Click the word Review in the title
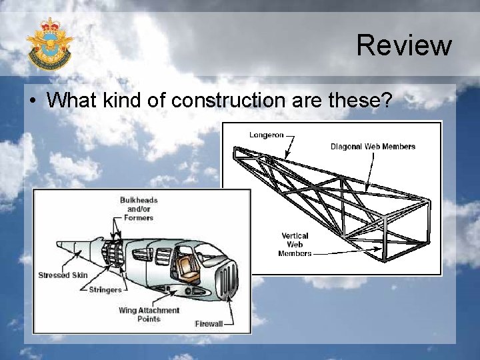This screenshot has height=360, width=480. (403, 45)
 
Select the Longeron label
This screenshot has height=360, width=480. (267, 134)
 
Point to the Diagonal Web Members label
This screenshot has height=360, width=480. (373, 147)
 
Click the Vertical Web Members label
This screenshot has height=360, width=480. (295, 244)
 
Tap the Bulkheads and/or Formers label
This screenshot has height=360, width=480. (139, 208)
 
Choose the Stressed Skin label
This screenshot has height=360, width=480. (63, 275)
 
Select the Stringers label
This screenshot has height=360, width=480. (105, 290)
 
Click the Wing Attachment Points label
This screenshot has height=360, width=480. (149, 314)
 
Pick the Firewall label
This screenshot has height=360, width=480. (209, 324)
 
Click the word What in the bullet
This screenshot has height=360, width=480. (73, 100)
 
